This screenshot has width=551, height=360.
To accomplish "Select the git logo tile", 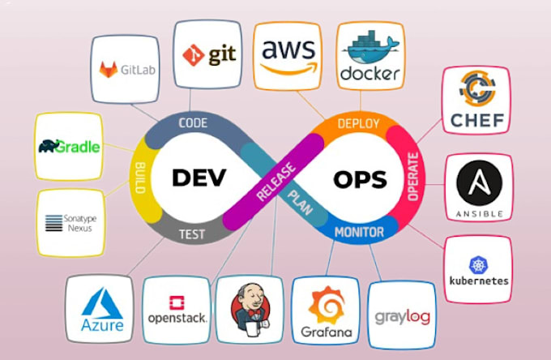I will click(210, 54).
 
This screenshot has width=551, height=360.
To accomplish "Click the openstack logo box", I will click(177, 309).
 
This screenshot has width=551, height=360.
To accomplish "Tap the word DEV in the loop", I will click(198, 176).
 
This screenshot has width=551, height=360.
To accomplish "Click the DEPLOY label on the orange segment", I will click(357, 123).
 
